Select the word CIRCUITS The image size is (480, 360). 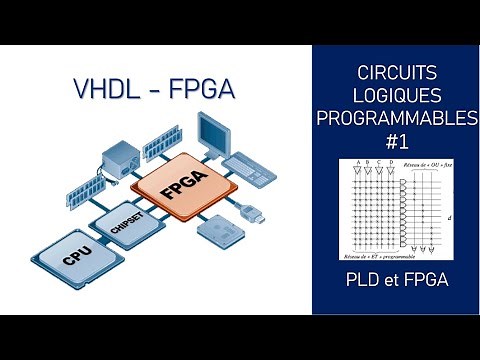tap(396, 73)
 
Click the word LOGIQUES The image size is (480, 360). tap(396, 96)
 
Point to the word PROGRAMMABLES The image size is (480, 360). tap(396, 119)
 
